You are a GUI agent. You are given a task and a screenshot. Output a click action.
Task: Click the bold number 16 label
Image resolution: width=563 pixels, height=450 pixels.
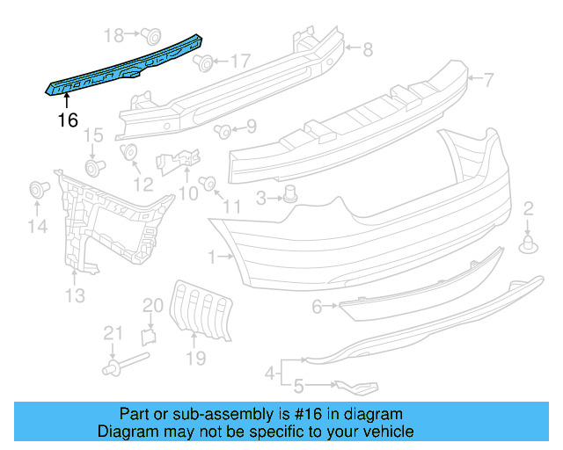tap(69, 120)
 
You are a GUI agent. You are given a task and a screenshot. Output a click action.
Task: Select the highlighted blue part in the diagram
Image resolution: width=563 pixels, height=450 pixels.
tap(123, 67)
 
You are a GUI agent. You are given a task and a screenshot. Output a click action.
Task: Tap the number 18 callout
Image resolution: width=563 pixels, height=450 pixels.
tap(114, 35)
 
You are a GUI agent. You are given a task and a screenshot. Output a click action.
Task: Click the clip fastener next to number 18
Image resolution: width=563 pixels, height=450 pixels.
tap(150, 35)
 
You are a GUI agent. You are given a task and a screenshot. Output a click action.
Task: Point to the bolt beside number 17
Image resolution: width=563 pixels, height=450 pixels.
tap(203, 62)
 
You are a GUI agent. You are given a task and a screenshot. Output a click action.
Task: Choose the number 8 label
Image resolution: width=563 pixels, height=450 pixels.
tap(368, 49)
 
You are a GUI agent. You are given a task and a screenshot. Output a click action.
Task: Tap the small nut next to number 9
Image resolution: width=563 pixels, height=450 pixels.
tap(223, 131)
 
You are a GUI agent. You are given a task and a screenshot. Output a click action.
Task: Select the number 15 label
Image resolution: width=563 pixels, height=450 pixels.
tap(93, 135)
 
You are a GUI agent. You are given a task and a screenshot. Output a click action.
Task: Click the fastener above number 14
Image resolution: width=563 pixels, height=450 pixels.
tap(38, 189)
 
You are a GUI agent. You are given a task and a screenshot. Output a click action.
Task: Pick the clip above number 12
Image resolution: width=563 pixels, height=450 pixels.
tap(130, 152)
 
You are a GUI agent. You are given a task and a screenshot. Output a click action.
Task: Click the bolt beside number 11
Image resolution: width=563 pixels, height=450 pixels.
tap(208, 184)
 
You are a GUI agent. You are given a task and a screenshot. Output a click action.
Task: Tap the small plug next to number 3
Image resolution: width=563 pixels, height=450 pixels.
tap(290, 195)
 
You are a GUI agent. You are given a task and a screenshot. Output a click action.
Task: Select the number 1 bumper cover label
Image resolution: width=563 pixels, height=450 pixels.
tap(213, 257)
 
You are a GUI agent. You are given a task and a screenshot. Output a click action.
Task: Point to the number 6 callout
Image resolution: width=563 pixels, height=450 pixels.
tap(317, 307)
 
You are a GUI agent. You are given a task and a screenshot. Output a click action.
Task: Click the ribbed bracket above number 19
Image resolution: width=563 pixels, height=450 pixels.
tap(203, 309)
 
